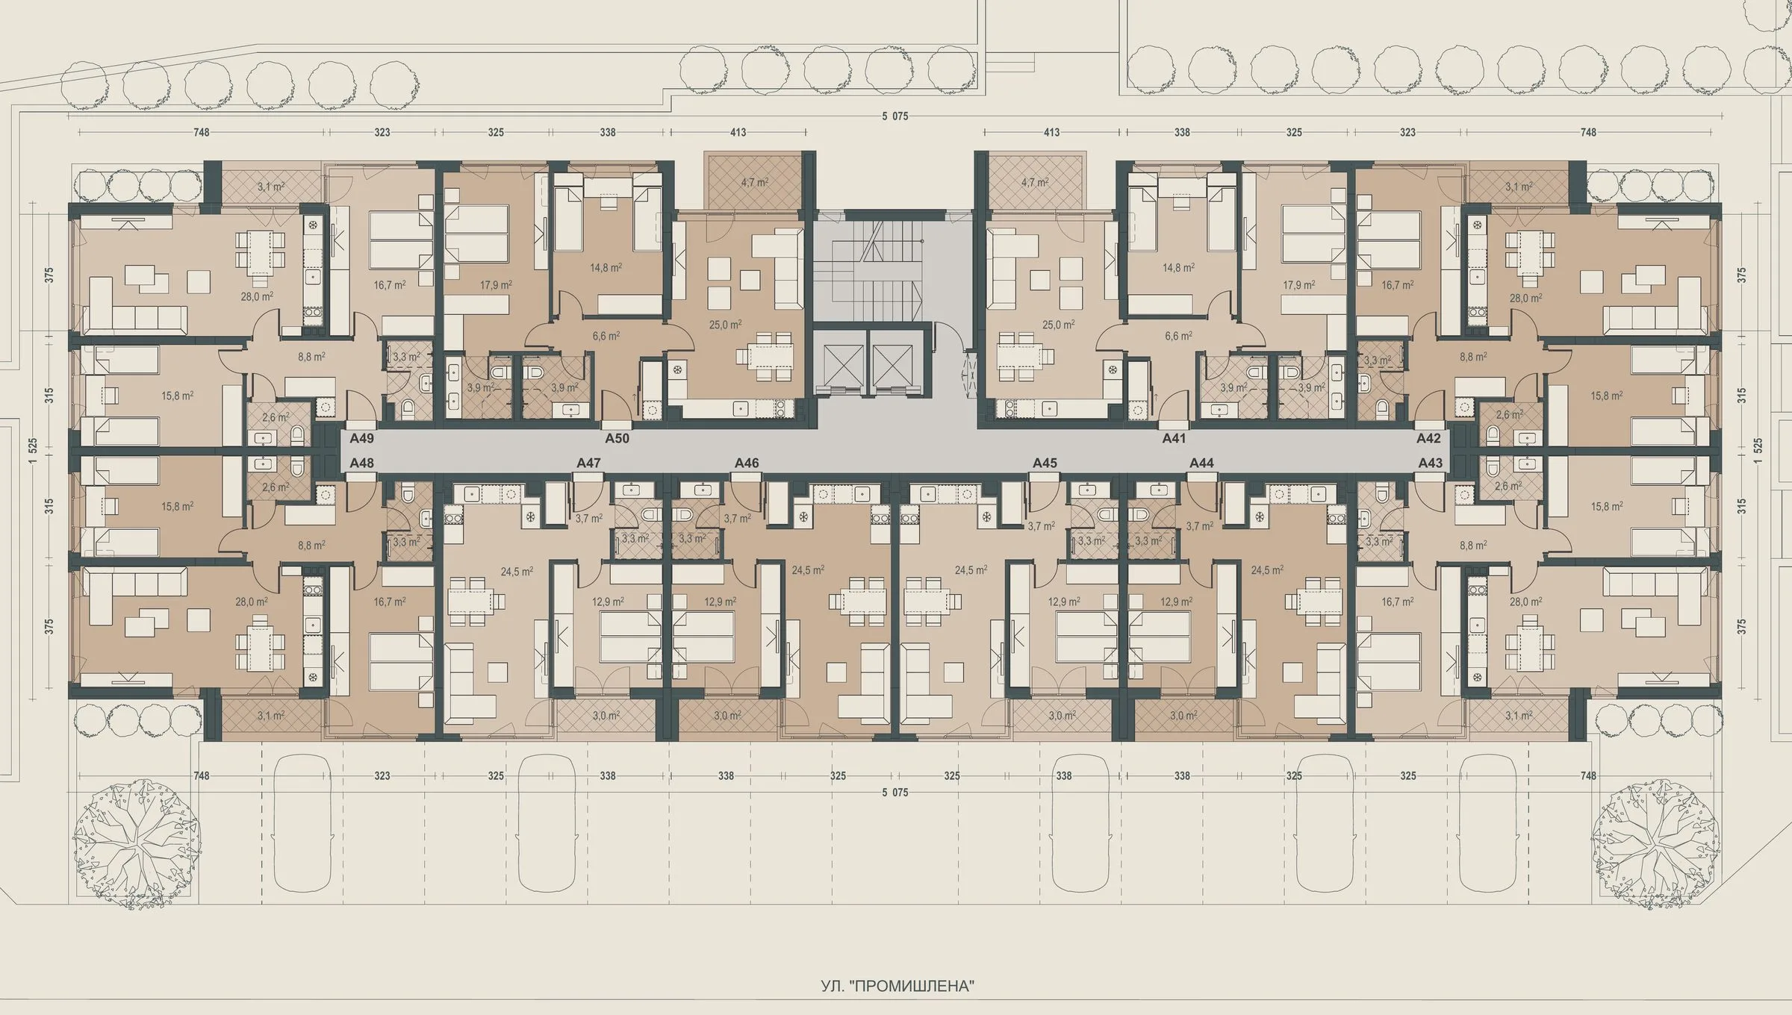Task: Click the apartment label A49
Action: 361,438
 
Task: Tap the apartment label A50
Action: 617,438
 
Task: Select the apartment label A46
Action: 747,463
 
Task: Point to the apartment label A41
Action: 1174,438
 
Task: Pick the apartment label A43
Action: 1431,463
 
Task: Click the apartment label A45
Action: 1045,463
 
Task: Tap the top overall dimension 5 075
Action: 895,116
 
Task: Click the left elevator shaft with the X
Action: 840,366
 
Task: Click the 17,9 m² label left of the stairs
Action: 496,285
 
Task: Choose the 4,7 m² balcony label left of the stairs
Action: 754,182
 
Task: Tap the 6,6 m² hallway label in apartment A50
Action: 606,337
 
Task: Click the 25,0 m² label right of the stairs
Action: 1059,325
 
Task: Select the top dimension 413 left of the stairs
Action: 738,132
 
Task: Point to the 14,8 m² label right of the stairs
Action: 1177,267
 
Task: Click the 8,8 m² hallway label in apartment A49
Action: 311,357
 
